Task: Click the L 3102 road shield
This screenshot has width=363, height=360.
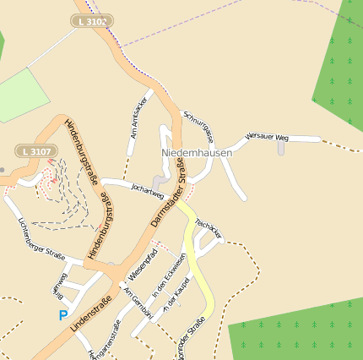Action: pyautogui.click(x=92, y=21)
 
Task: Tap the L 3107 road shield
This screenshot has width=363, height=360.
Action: pyautogui.click(x=37, y=151)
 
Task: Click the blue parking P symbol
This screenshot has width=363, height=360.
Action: pyautogui.click(x=62, y=315)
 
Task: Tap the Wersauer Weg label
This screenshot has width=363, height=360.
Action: pyautogui.click(x=267, y=136)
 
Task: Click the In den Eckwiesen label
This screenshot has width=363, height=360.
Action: pyautogui.click(x=168, y=280)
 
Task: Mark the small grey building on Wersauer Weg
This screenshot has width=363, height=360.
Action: pyautogui.click(x=281, y=148)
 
